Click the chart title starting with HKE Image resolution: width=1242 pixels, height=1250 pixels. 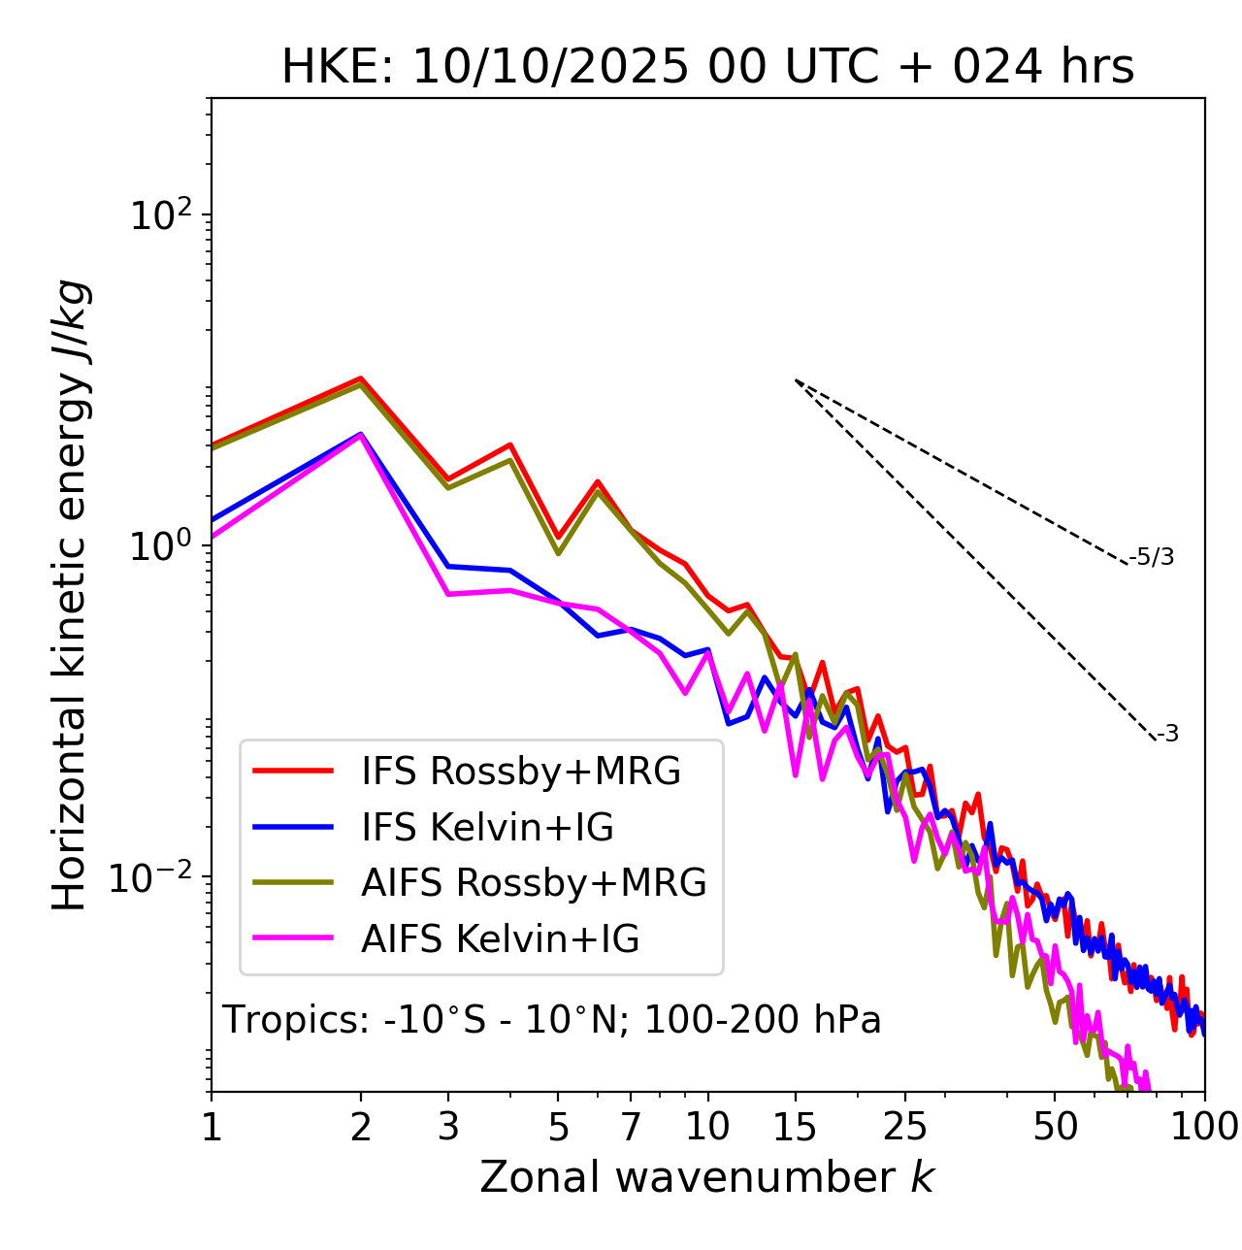[x=707, y=68]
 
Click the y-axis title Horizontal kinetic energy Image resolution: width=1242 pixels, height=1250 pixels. [x=70, y=596]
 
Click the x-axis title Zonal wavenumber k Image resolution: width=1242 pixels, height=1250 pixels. [x=706, y=1177]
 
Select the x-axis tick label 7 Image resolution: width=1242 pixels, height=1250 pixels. [x=631, y=1127]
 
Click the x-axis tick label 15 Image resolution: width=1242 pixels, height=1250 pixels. [x=796, y=1127]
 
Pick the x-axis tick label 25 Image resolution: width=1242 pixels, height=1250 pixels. [x=905, y=1127]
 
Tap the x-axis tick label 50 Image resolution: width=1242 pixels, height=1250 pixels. [x=1055, y=1127]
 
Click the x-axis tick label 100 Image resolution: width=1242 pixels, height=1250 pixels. [x=1204, y=1127]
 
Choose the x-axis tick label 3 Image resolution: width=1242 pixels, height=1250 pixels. [x=448, y=1127]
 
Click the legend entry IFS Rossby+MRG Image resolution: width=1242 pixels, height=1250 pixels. [x=521, y=772]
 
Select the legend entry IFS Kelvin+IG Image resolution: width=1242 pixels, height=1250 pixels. [x=487, y=828]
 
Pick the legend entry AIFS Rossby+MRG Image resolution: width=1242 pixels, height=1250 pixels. [x=534, y=883]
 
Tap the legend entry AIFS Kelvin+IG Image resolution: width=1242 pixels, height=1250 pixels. [x=500, y=939]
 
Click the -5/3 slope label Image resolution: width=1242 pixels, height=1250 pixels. [x=1152, y=557]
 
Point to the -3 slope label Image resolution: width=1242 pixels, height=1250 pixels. [x=1167, y=735]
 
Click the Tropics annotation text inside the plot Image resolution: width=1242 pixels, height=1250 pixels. [x=551, y=1020]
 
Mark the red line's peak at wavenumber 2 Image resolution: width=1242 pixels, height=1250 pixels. [x=361, y=378]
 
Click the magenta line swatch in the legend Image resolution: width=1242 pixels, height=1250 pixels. [x=293, y=938]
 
